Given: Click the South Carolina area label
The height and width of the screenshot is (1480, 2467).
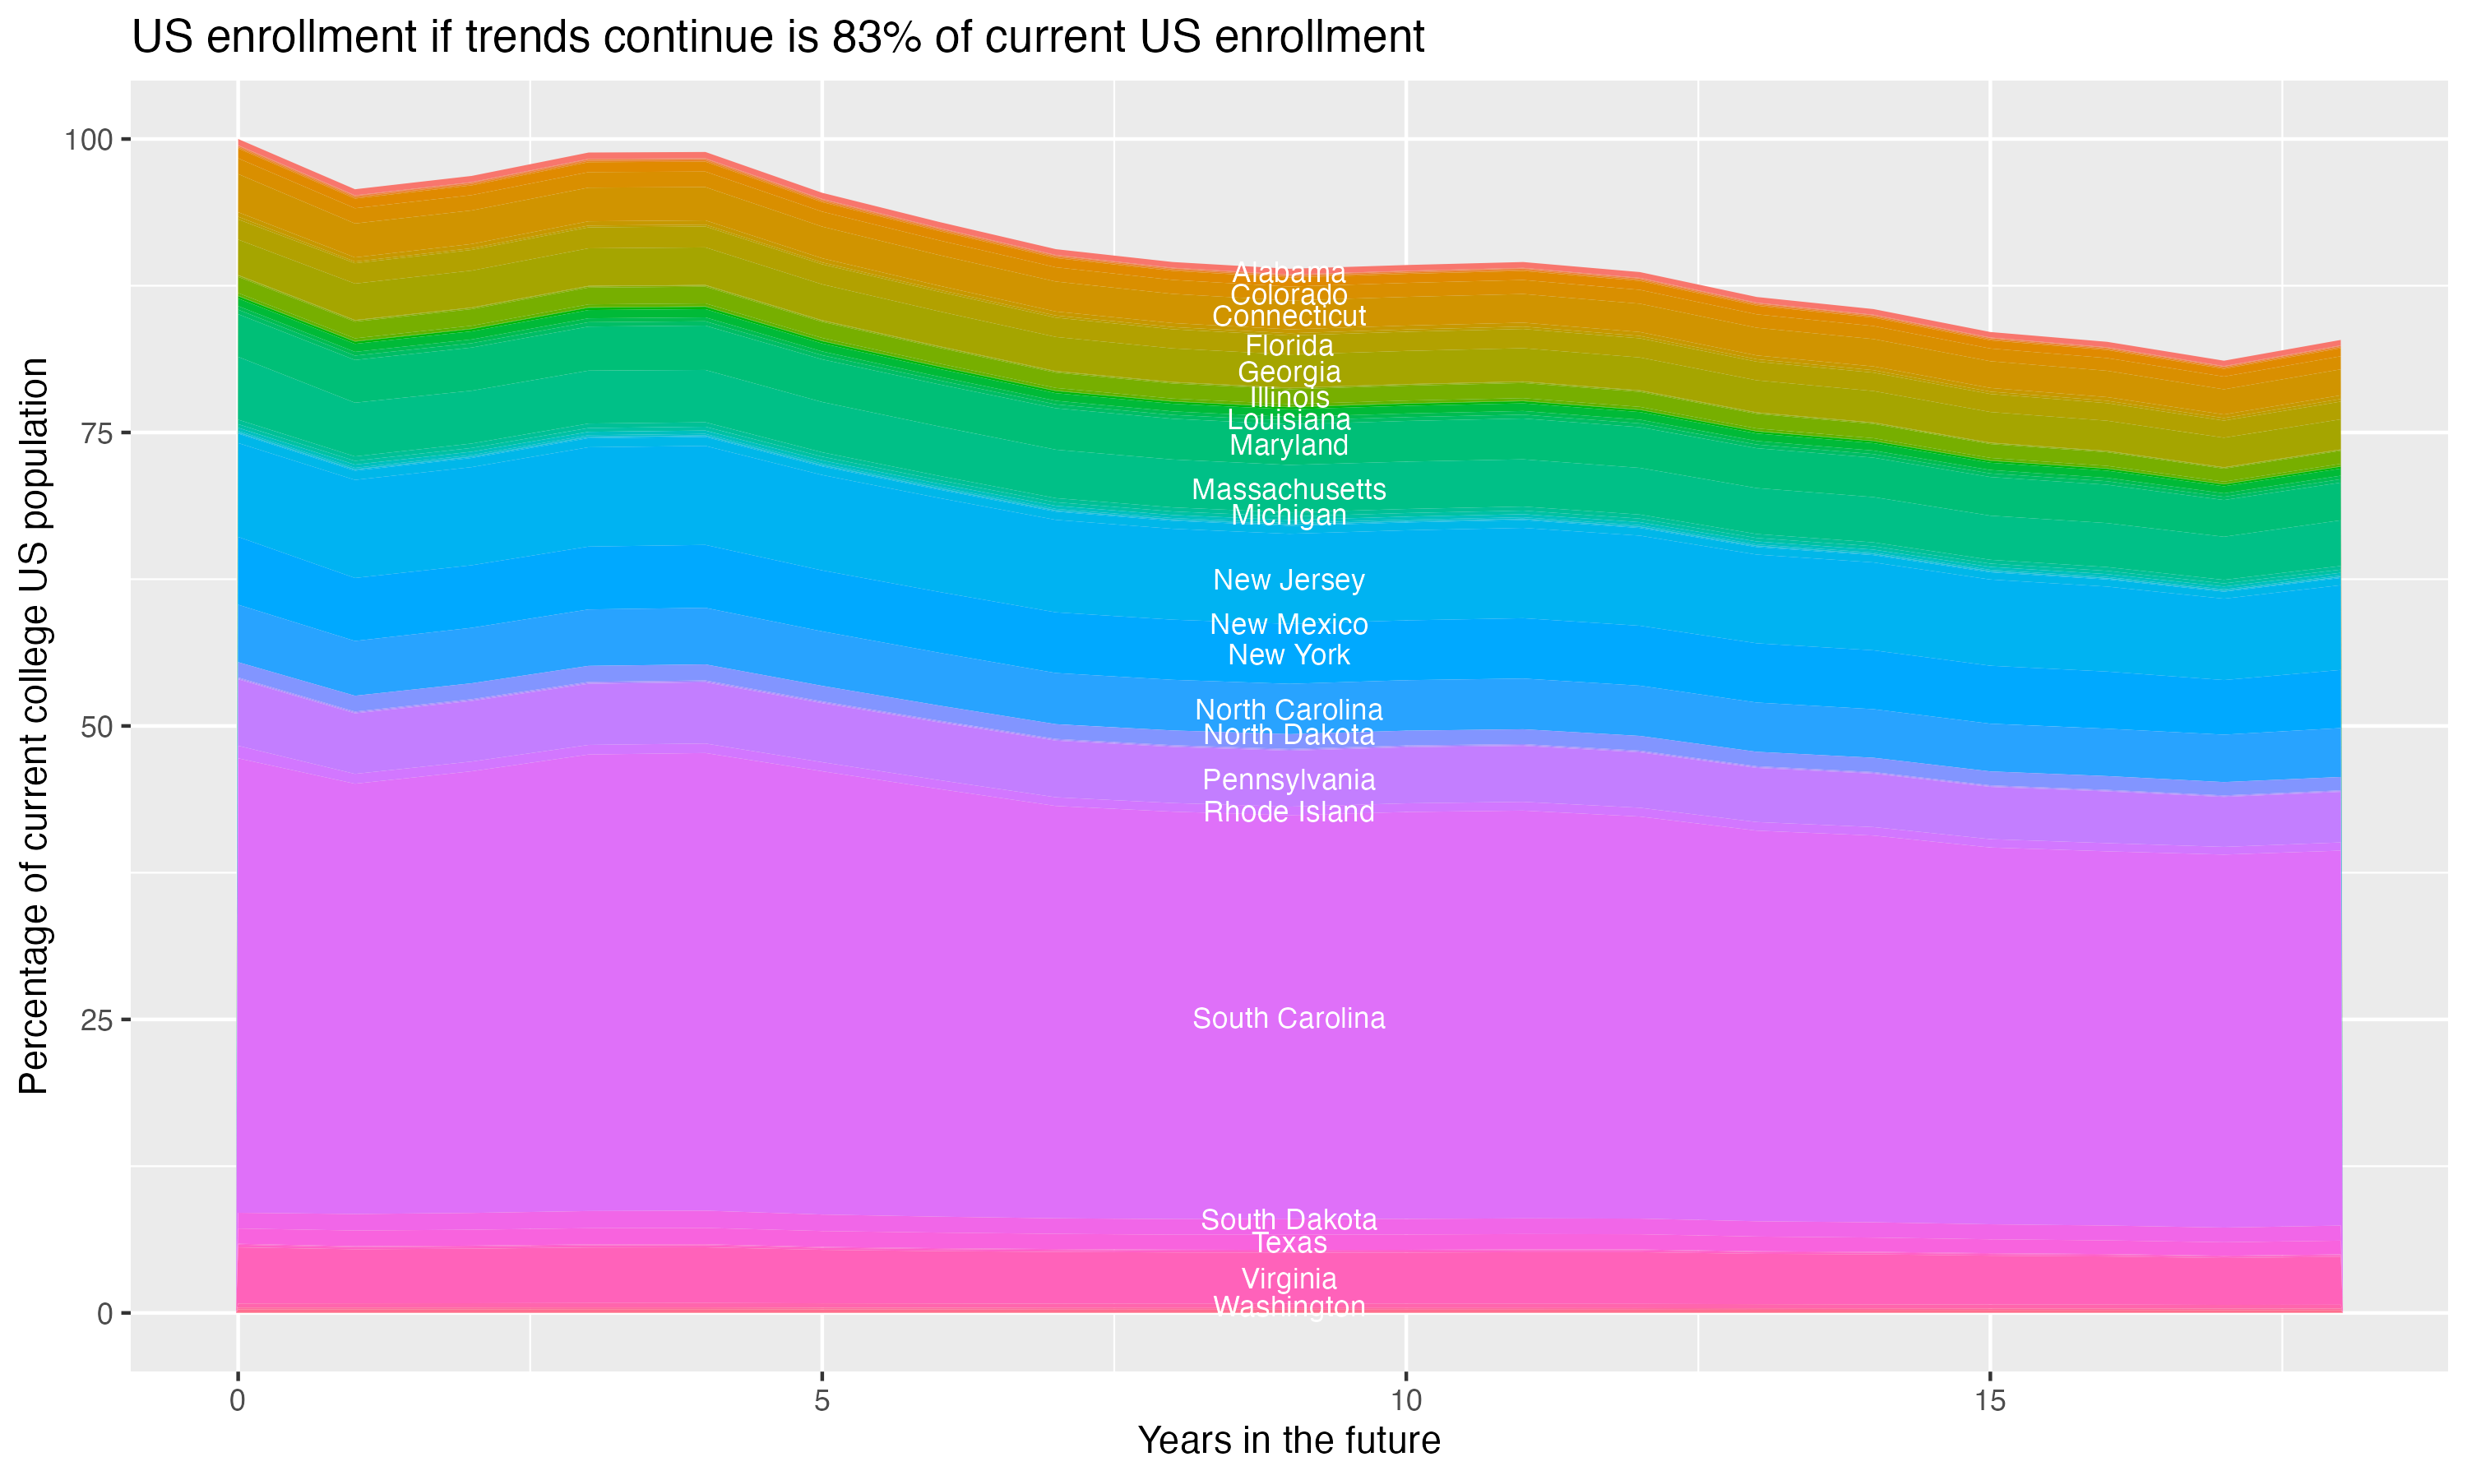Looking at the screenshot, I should click(1289, 1018).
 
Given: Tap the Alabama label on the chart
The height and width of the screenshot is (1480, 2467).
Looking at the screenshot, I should click(1289, 272).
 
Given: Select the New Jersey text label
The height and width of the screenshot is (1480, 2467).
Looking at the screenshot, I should click(1289, 580).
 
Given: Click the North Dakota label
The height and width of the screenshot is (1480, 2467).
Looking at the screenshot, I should click(1289, 735).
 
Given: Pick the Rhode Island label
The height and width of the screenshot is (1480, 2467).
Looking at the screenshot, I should click(1289, 812).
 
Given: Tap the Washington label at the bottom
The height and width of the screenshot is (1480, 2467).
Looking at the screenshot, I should click(1289, 1306).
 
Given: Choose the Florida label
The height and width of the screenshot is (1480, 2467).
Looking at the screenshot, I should click(1289, 346).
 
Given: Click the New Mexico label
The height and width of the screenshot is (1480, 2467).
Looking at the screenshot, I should click(1289, 624).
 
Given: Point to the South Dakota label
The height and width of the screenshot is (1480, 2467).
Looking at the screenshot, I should click(1289, 1219).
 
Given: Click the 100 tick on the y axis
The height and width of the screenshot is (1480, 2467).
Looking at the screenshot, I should click(95, 140).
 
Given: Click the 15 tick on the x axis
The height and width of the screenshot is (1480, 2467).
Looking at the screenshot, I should click(1989, 1401).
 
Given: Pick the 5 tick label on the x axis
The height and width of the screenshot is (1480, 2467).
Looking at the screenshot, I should click(822, 1401).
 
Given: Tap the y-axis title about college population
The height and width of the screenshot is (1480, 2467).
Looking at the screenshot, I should click(34, 725).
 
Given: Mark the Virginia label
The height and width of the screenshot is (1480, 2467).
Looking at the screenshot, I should click(1289, 1279).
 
